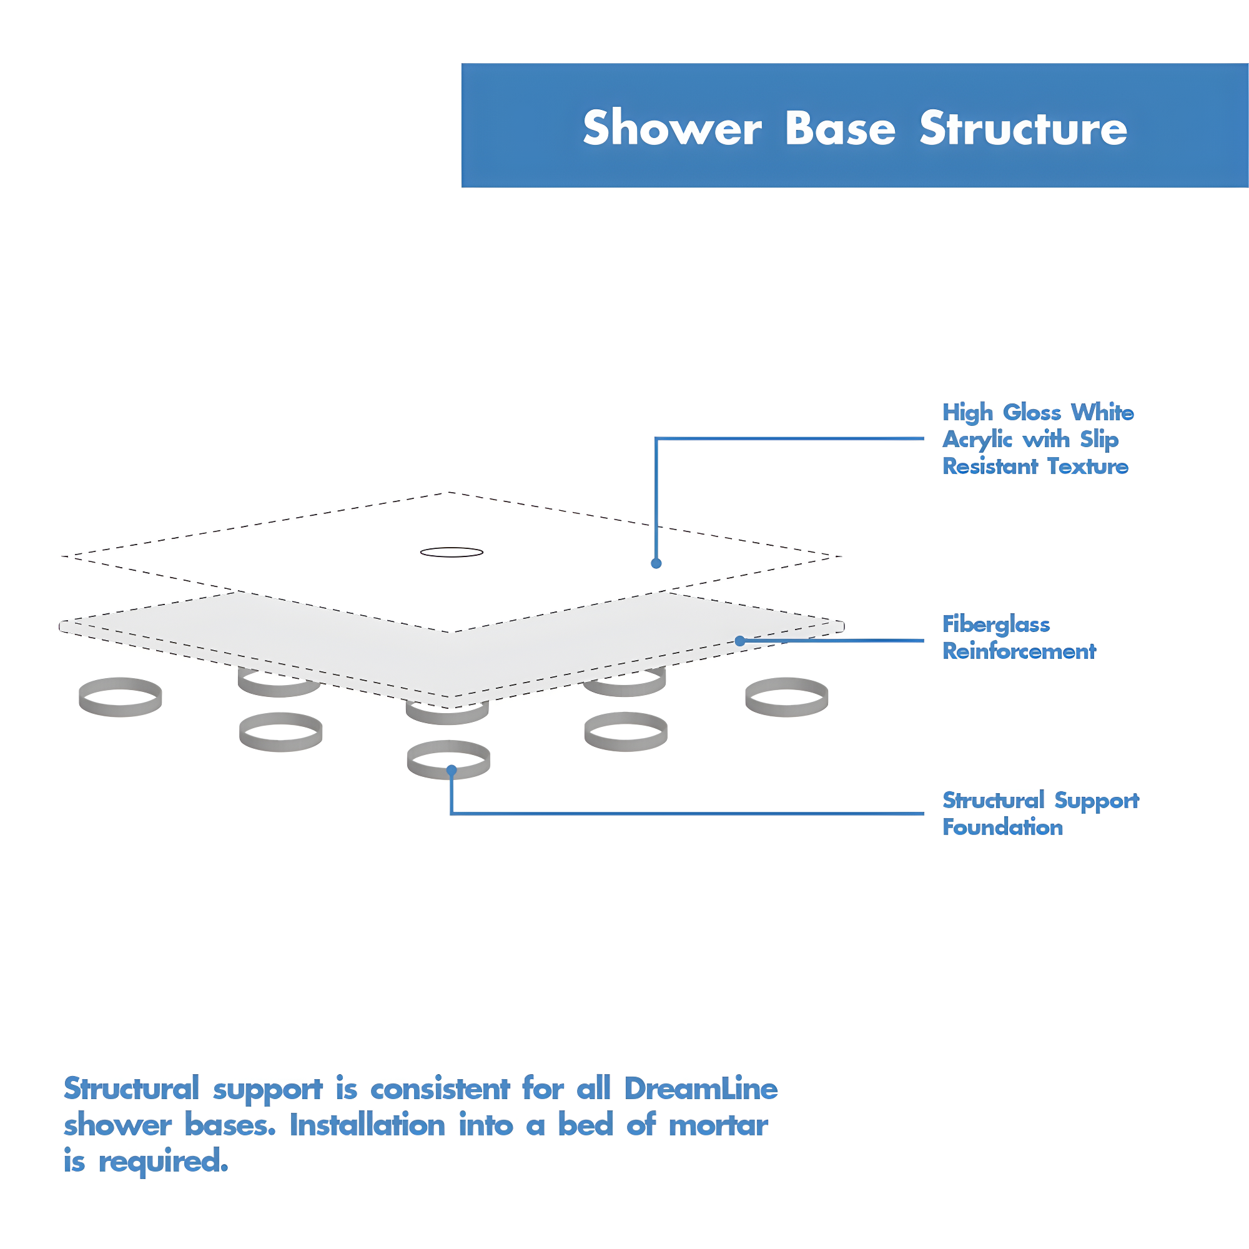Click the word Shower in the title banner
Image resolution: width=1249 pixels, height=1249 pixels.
(672, 128)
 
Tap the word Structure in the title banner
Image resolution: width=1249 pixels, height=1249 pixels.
(1023, 128)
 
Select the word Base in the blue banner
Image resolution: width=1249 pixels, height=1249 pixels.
(840, 128)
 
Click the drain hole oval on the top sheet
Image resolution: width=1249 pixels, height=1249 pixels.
(452, 552)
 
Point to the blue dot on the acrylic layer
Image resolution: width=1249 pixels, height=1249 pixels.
(656, 563)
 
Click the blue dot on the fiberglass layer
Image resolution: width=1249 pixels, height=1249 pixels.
(740, 641)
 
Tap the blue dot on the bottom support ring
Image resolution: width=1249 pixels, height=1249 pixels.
(452, 770)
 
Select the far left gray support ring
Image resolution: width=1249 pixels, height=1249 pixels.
(121, 697)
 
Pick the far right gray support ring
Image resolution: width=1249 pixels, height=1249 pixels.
(787, 697)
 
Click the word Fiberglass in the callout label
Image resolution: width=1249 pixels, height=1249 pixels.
(995, 624)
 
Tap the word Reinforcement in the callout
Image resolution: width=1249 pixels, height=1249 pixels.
(1019, 651)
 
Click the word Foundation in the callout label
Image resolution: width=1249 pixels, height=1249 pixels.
(1002, 827)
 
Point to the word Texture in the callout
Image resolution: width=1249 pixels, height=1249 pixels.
(1087, 466)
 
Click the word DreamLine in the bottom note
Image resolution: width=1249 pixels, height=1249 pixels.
(701, 1089)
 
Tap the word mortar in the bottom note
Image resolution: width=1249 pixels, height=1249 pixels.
(718, 1125)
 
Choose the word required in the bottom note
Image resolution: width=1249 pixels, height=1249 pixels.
(163, 1162)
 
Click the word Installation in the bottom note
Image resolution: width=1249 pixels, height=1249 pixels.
(367, 1125)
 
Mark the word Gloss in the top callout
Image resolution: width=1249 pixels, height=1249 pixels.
(1032, 412)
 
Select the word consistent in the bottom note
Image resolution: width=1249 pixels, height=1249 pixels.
(440, 1089)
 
